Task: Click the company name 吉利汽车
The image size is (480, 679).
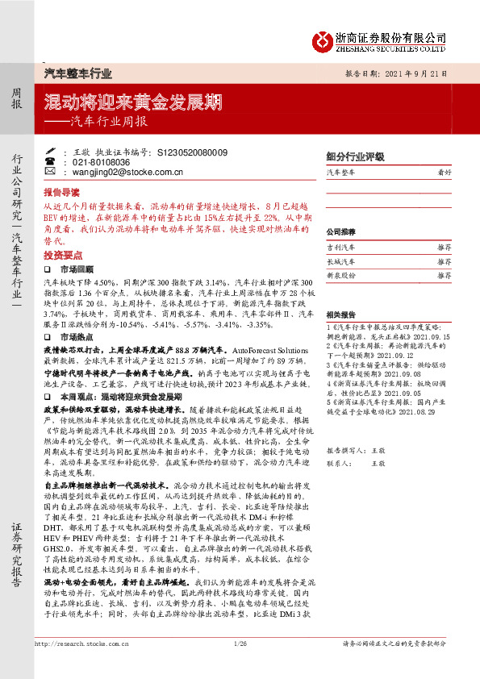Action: click(x=340, y=248)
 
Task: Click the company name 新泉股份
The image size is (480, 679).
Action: click(x=340, y=276)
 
